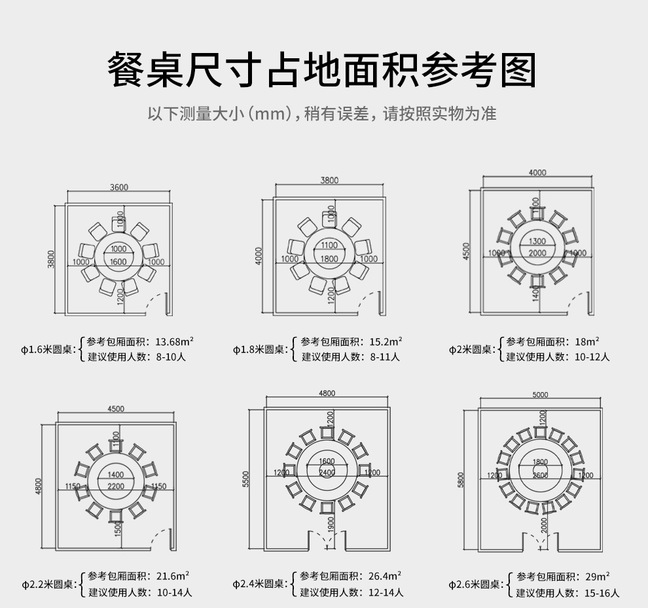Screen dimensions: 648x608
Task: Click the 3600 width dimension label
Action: click(118, 187)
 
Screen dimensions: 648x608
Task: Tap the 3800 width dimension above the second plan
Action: click(330, 180)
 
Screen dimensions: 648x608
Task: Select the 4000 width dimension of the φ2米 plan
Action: click(537, 173)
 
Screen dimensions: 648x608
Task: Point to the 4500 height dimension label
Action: click(466, 251)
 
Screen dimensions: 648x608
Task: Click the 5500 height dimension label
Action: click(246, 479)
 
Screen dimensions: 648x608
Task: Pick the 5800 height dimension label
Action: click(461, 480)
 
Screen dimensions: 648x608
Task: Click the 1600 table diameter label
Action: click(118, 262)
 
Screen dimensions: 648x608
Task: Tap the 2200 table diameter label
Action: click(116, 486)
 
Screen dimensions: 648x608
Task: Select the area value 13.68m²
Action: click(175, 342)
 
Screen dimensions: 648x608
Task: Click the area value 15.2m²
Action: click(386, 342)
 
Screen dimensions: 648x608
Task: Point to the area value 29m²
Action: click(596, 577)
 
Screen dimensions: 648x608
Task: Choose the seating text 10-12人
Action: click(592, 357)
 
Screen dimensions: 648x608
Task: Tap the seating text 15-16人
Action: click(601, 592)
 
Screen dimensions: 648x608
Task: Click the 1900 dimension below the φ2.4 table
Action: click(331, 524)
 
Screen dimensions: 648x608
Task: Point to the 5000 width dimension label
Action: click(540, 395)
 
